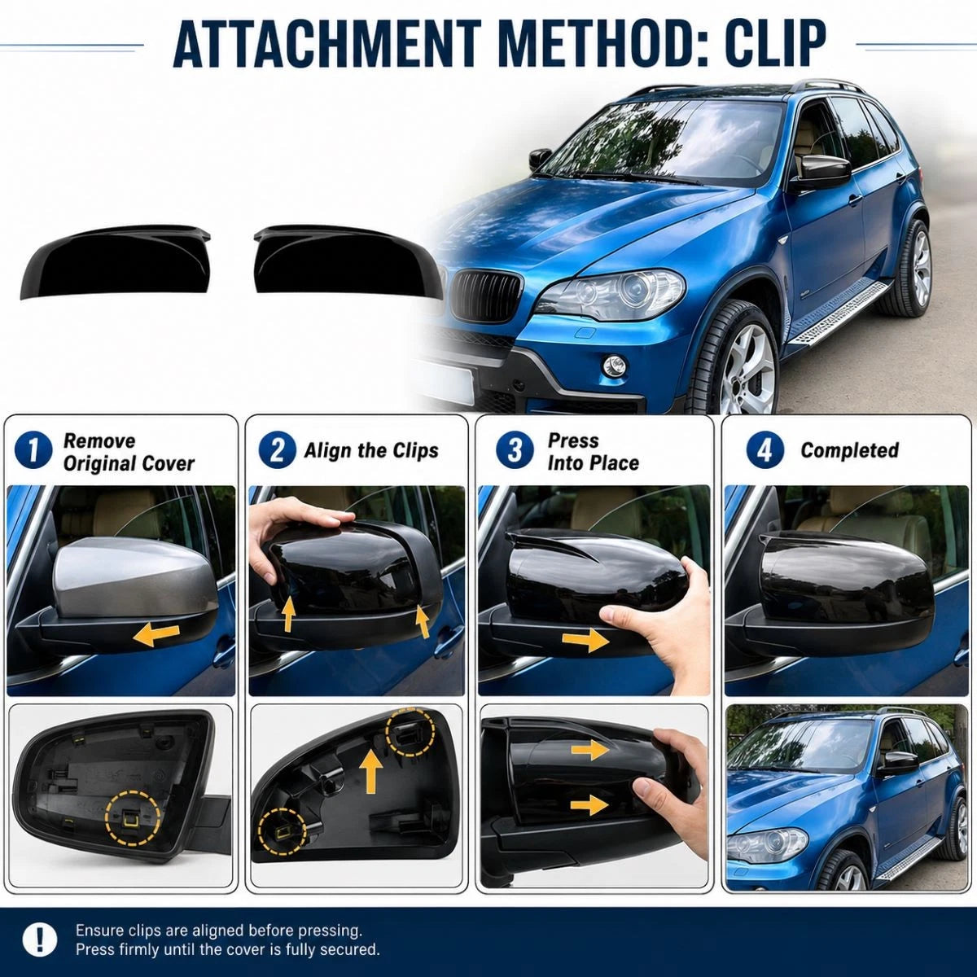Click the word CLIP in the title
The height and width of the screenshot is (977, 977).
point(734,44)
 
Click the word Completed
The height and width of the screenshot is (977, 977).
point(850,450)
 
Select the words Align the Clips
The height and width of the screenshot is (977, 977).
point(371,450)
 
